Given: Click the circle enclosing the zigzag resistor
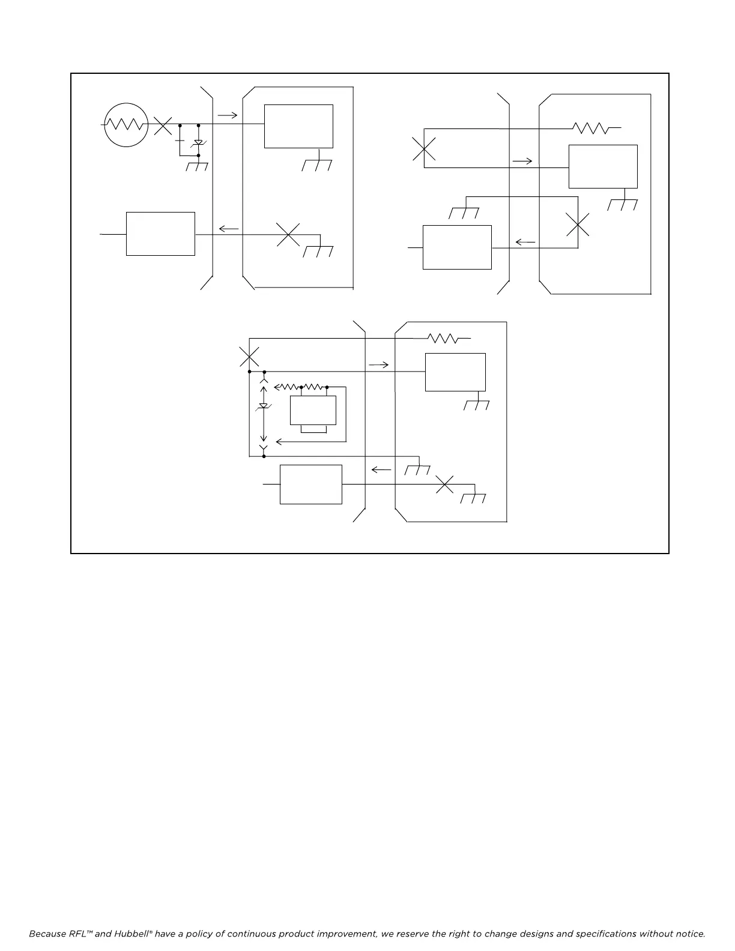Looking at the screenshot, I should tap(126, 124).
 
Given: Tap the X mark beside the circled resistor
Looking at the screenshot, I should tap(162, 125).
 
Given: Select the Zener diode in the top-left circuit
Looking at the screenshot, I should tap(198, 143).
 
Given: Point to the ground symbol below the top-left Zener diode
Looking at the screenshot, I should tap(197, 166).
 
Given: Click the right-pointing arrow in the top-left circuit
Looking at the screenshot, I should tap(228, 115).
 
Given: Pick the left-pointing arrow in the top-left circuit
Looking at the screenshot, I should tap(228, 228).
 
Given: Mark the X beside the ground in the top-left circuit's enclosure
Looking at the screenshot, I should tap(288, 234).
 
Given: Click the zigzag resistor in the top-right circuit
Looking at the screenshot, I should tap(591, 128).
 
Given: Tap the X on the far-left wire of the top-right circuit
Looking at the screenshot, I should tap(425, 148).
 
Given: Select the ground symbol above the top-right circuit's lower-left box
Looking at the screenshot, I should tap(464, 213).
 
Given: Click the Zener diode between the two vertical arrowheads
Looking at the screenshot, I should tap(263, 406).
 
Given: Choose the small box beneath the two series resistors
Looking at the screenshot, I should tap(313, 411).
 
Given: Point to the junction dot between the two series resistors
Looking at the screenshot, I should tap(301, 387).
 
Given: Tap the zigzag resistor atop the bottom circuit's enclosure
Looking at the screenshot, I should tap(443, 339).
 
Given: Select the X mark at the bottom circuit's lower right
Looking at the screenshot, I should tap(444, 485).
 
